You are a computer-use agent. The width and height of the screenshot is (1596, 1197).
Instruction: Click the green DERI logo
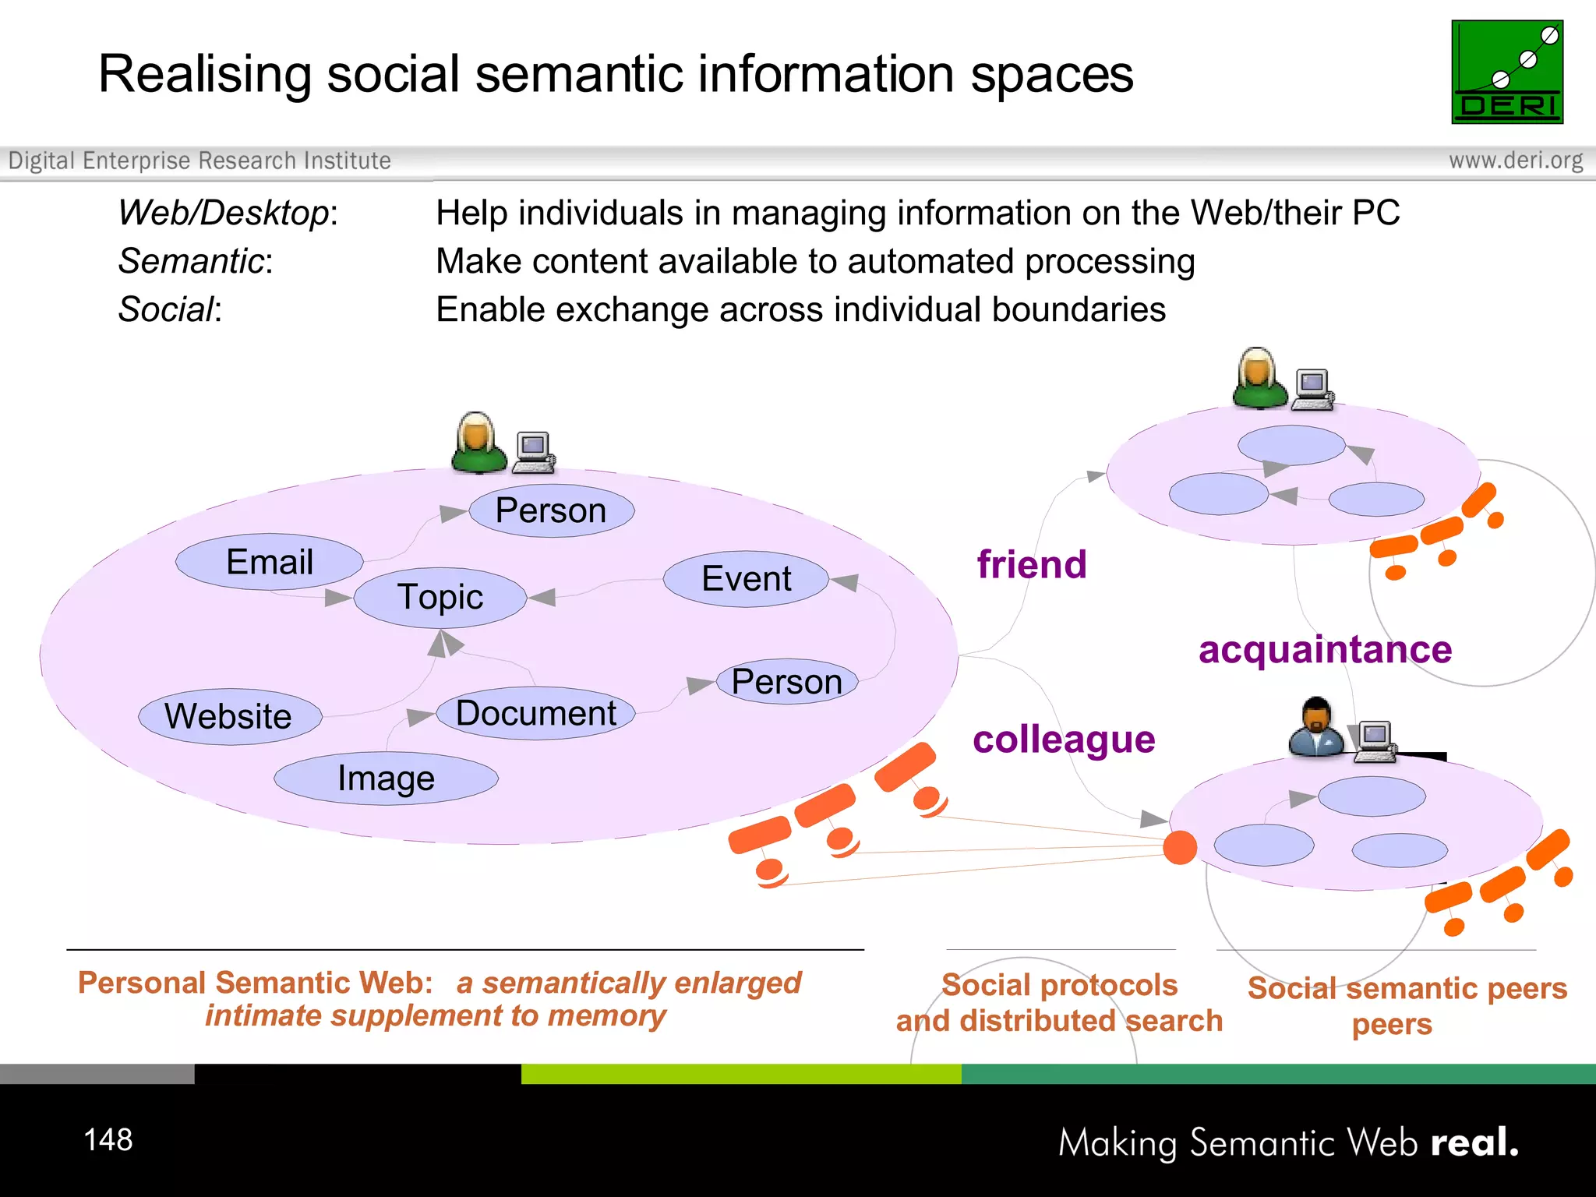point(1506,72)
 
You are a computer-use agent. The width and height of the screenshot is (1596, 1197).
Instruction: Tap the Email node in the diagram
point(270,562)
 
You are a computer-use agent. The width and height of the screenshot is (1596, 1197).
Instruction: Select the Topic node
point(440,598)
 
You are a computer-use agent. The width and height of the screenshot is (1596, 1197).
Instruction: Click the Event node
point(746,579)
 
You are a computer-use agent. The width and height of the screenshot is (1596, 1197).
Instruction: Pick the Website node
point(229,716)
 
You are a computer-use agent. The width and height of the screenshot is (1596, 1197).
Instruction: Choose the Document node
point(536,713)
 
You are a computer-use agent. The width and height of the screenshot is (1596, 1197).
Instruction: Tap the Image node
point(386,778)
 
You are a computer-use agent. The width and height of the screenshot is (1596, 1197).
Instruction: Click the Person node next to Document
point(787,682)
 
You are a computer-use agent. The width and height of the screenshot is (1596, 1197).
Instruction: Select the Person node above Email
point(551,511)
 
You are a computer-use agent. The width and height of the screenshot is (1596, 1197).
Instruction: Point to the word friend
point(1032,564)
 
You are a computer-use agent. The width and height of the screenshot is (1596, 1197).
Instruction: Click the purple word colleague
point(1064,740)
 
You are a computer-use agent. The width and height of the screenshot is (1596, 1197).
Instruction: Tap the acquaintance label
point(1325,649)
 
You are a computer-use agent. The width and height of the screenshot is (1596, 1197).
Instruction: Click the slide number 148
point(108,1139)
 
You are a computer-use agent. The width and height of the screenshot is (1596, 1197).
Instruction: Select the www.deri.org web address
point(1516,161)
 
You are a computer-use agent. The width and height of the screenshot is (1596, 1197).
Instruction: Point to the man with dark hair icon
point(1315,726)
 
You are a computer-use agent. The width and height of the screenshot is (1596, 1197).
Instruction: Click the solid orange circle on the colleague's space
point(1180,847)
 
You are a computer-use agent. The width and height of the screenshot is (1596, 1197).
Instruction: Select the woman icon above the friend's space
point(1259,378)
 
